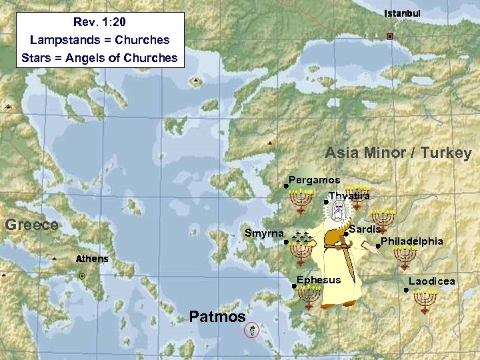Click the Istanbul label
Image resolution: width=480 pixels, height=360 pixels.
(403, 14)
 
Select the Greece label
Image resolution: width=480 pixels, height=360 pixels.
(31, 225)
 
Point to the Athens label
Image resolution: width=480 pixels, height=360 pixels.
(92, 259)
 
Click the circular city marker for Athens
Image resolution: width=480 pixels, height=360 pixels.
(82, 275)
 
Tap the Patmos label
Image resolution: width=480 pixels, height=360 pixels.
(217, 317)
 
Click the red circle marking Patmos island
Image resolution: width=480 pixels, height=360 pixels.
(251, 329)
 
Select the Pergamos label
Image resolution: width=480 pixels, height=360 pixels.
(314, 180)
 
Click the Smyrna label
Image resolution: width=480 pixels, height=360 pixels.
(264, 233)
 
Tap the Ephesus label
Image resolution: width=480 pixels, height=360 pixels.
(319, 280)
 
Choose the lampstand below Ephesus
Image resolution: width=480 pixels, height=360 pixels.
(309, 297)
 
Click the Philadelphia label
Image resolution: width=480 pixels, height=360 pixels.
(411, 241)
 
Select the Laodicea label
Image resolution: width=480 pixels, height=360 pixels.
(432, 281)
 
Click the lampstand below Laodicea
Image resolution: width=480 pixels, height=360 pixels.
(425, 300)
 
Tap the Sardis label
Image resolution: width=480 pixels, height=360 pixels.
(365, 229)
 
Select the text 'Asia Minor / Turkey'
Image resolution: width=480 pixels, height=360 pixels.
(398, 153)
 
